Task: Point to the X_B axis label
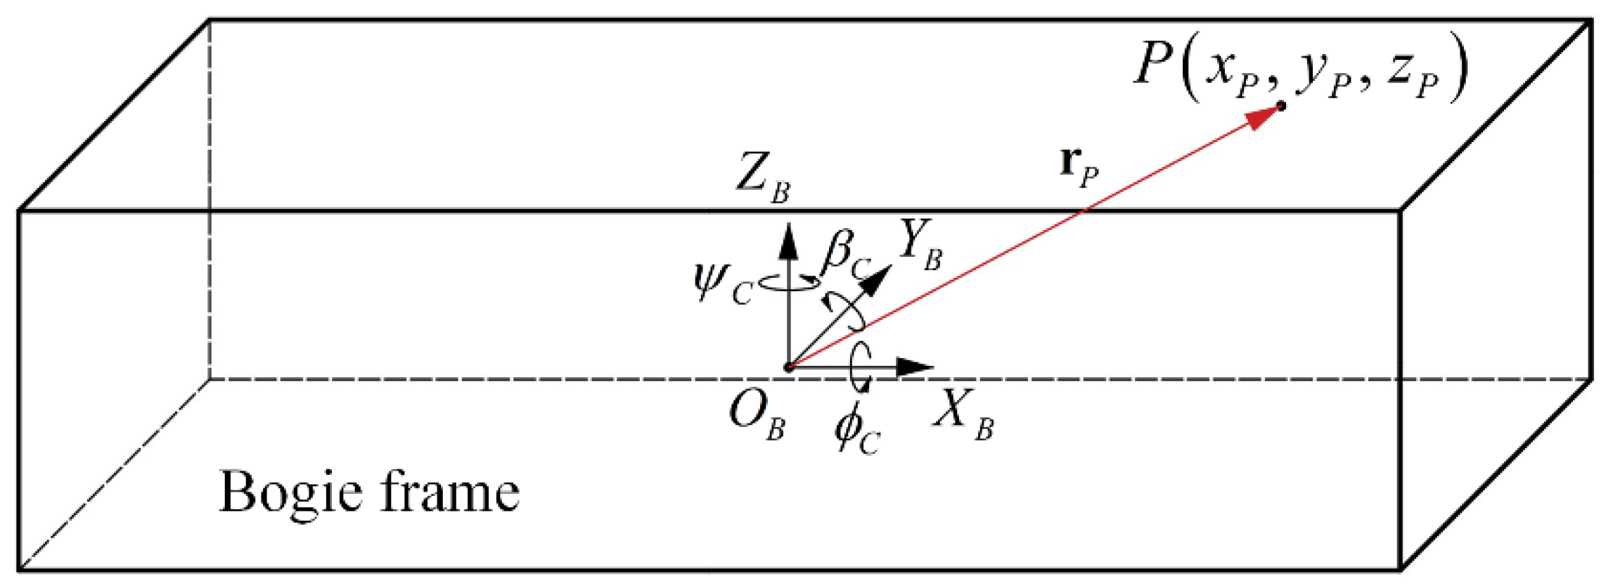[x=964, y=415]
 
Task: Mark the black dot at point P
[x=1281, y=106]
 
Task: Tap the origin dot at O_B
[x=788, y=367]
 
